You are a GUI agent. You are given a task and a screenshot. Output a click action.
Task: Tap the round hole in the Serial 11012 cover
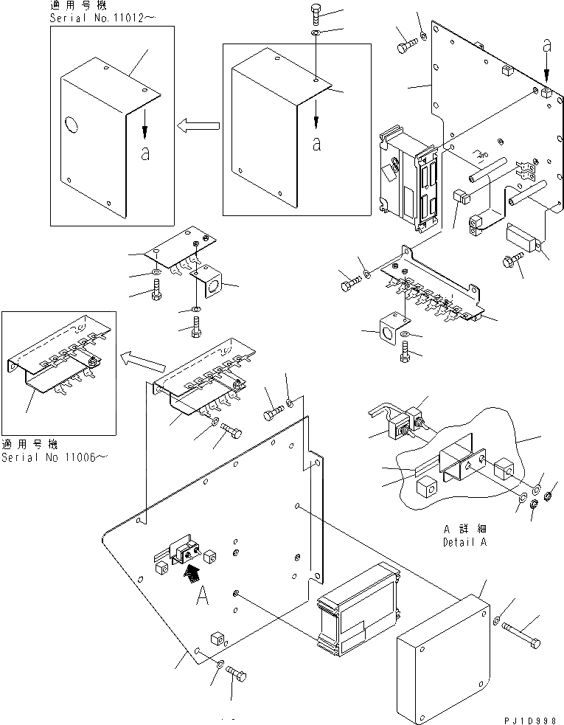coord(71,125)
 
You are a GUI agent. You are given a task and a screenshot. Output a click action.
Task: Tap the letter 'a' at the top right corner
coord(546,46)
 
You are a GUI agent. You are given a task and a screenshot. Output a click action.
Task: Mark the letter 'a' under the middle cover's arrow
coord(316,144)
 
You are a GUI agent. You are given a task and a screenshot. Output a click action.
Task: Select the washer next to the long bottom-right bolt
coord(498,620)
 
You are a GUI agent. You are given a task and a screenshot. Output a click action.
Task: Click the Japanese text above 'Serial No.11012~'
coord(77,5)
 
